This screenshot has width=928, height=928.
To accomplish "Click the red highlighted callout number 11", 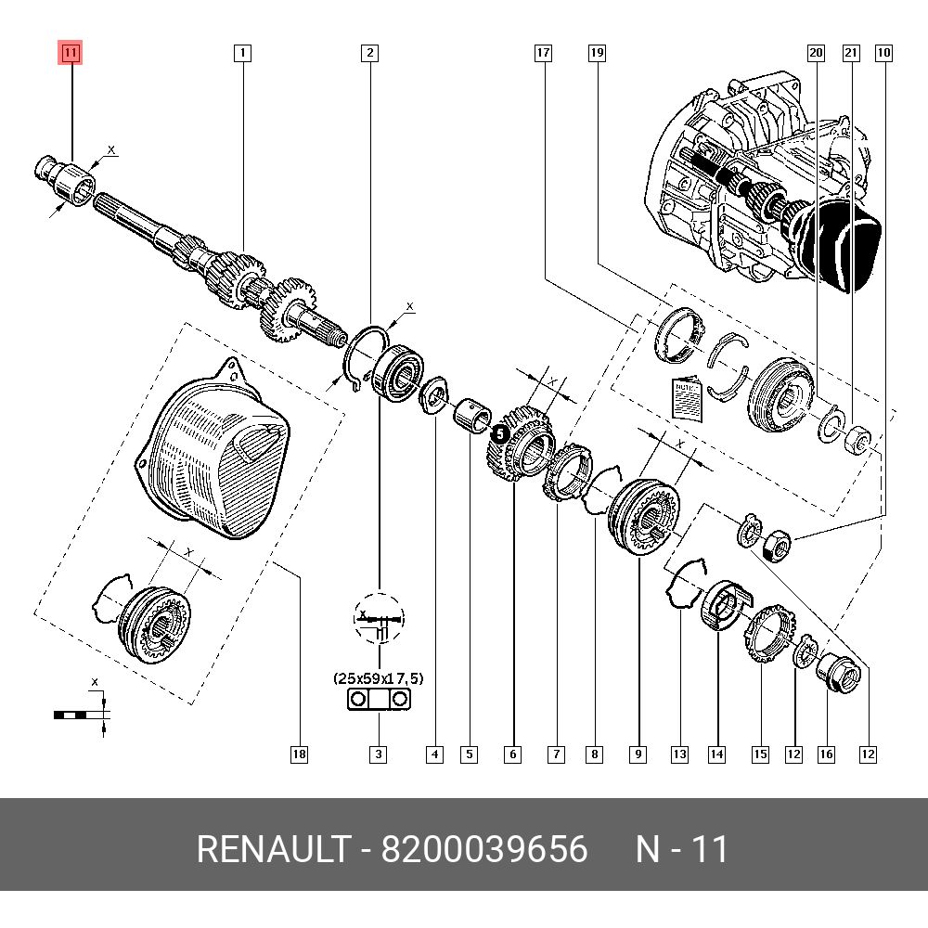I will point(71,53).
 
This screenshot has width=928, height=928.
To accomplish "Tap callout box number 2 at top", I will point(369,53).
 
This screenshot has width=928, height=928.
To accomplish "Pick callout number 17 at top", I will point(543,53).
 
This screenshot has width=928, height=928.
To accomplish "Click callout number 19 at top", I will point(597,53).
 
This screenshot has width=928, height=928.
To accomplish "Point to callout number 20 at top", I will point(816,53).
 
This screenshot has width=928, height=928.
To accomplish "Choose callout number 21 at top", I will point(850,53).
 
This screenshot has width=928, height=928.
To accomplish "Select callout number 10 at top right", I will point(883,53).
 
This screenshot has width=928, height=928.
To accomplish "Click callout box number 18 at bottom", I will point(298,754).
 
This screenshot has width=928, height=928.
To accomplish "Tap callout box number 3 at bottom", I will point(379,754).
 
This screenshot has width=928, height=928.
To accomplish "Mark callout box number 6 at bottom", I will point(513,754).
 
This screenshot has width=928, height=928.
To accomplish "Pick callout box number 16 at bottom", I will point(826,754).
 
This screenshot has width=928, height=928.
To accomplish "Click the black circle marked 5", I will point(498,432).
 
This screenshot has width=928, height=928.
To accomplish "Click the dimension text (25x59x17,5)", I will point(378,678).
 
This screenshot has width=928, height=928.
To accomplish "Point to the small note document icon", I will point(684,397).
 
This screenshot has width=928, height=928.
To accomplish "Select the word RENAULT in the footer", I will point(274,849).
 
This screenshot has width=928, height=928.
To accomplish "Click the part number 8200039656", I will point(484,849).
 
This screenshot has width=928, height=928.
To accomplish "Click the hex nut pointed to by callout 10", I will point(775,545).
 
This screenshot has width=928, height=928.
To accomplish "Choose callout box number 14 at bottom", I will point(716,754).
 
